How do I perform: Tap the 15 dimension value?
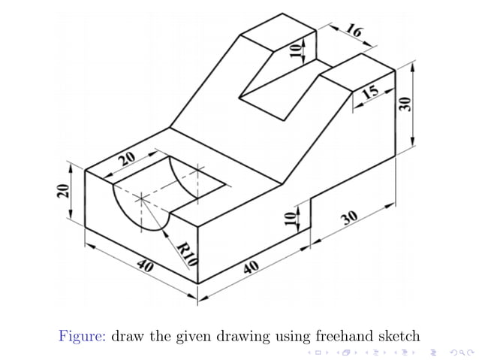(369, 92)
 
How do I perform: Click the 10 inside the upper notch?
(295, 50)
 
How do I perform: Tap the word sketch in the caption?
(393, 335)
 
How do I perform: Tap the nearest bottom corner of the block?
(197, 283)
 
